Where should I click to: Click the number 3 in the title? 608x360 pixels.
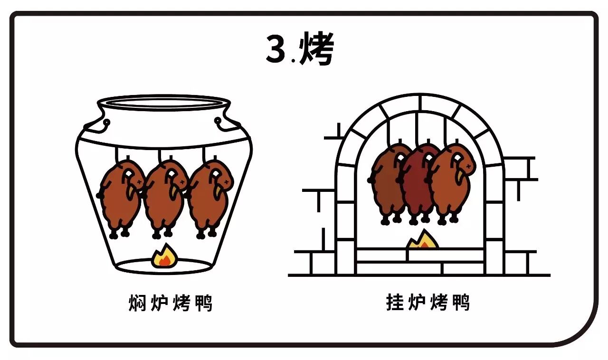click(x=275, y=49)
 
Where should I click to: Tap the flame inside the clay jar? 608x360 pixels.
click(x=163, y=257)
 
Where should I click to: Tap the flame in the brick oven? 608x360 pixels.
click(x=422, y=240)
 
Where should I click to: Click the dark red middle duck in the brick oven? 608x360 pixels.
click(x=418, y=183)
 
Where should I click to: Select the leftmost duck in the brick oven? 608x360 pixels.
click(x=386, y=183)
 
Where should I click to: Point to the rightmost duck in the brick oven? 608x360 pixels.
click(x=451, y=183)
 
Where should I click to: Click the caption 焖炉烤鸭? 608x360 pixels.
click(x=170, y=303)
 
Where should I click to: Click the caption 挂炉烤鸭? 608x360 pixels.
click(x=428, y=302)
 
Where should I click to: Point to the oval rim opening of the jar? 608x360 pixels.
click(x=163, y=103)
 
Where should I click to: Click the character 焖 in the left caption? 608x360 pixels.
click(x=137, y=303)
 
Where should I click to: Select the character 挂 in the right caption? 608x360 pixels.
click(x=395, y=302)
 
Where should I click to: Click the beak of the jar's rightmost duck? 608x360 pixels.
click(x=219, y=190)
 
